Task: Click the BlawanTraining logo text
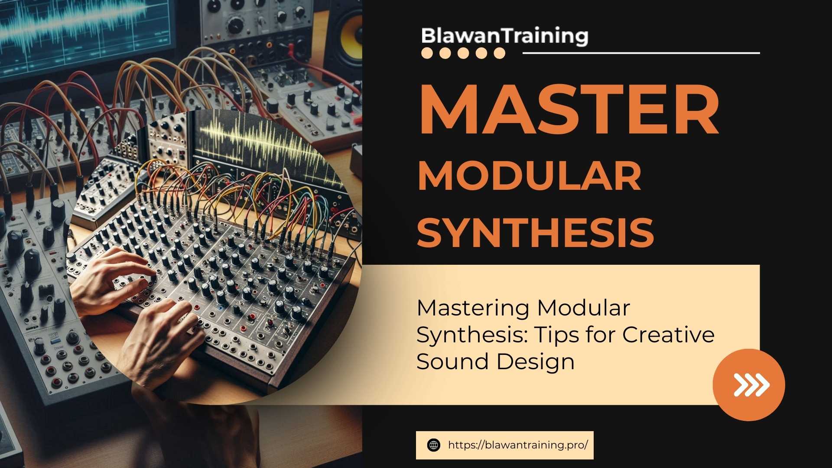coord(504,36)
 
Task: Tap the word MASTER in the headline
coord(569,111)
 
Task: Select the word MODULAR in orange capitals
coord(529,176)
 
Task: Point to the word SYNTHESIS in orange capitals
coord(535,232)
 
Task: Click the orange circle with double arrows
coord(748,385)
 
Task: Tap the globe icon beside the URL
coord(433,445)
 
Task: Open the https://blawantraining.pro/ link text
coord(518,445)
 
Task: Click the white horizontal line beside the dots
coord(641,53)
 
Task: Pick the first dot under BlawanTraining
coord(427,53)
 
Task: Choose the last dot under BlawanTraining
coord(499,53)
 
